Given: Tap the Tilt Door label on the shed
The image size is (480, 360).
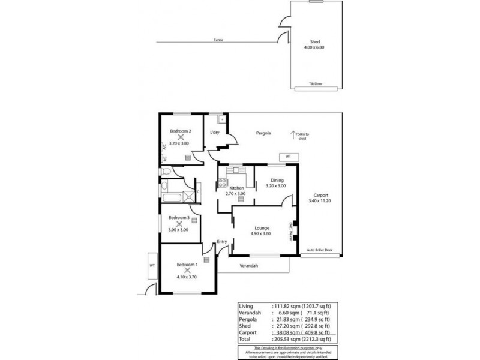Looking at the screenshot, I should pos(315,83).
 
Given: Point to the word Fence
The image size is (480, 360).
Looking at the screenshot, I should pos(218,41).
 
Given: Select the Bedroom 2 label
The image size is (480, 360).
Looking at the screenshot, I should pos(180,131).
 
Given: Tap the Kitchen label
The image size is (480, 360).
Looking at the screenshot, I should pos(236,188).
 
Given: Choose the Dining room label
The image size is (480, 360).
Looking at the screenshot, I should pos(276,179).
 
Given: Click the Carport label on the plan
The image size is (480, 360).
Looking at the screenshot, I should pos(320,196).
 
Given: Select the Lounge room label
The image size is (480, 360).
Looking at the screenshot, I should pos(261,228).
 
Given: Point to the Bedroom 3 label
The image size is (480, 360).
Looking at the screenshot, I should pos(179,218).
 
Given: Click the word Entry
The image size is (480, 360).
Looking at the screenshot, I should pos(221,242).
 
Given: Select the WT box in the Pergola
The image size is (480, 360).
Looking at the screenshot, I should pos(288,156).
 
